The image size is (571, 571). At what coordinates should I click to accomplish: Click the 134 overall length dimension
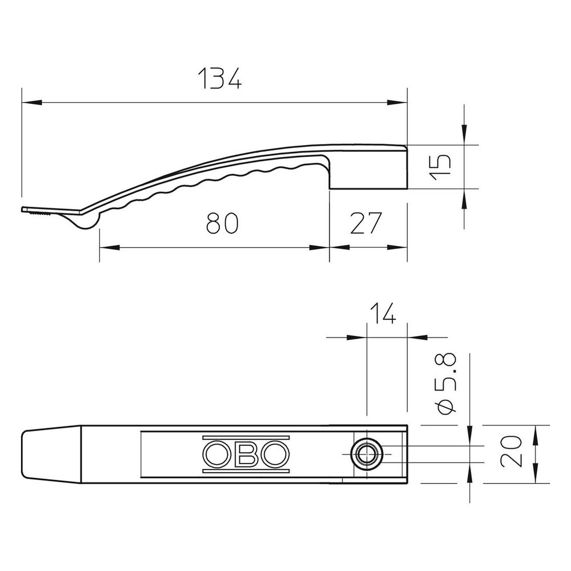220,78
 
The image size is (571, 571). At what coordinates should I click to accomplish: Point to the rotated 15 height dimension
440,167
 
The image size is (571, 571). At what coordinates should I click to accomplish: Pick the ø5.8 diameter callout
446,384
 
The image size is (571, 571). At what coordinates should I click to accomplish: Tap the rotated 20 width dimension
511,451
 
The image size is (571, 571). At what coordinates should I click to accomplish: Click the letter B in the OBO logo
246,454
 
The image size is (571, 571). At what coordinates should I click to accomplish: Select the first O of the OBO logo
216,454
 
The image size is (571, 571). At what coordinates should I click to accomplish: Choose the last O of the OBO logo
276,454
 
